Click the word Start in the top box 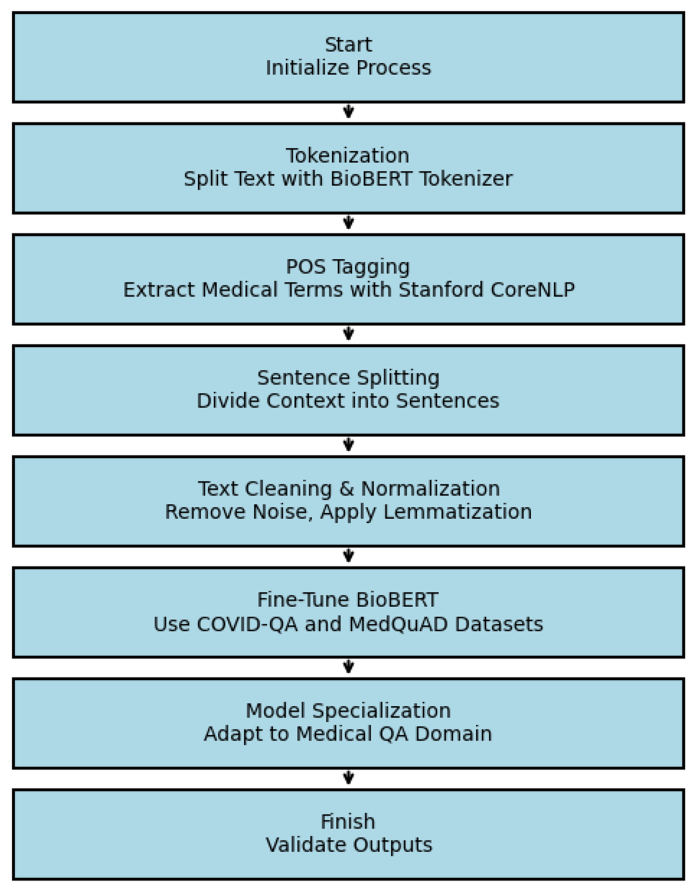point(348,45)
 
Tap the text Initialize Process point(348,68)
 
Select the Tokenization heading point(348,156)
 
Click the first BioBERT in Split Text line point(371,179)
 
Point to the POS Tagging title point(348,267)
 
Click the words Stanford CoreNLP point(486,290)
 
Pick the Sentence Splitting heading point(348,378)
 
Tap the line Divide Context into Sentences point(348,401)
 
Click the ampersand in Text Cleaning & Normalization point(346,489)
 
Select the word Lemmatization point(457,512)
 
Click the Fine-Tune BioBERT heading point(348,600)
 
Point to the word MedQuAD point(398,624)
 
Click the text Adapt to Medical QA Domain point(348,734)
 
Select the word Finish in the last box point(348,822)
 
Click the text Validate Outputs point(348,845)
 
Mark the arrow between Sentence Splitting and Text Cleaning point(348,445)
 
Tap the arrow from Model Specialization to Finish point(348,778)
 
